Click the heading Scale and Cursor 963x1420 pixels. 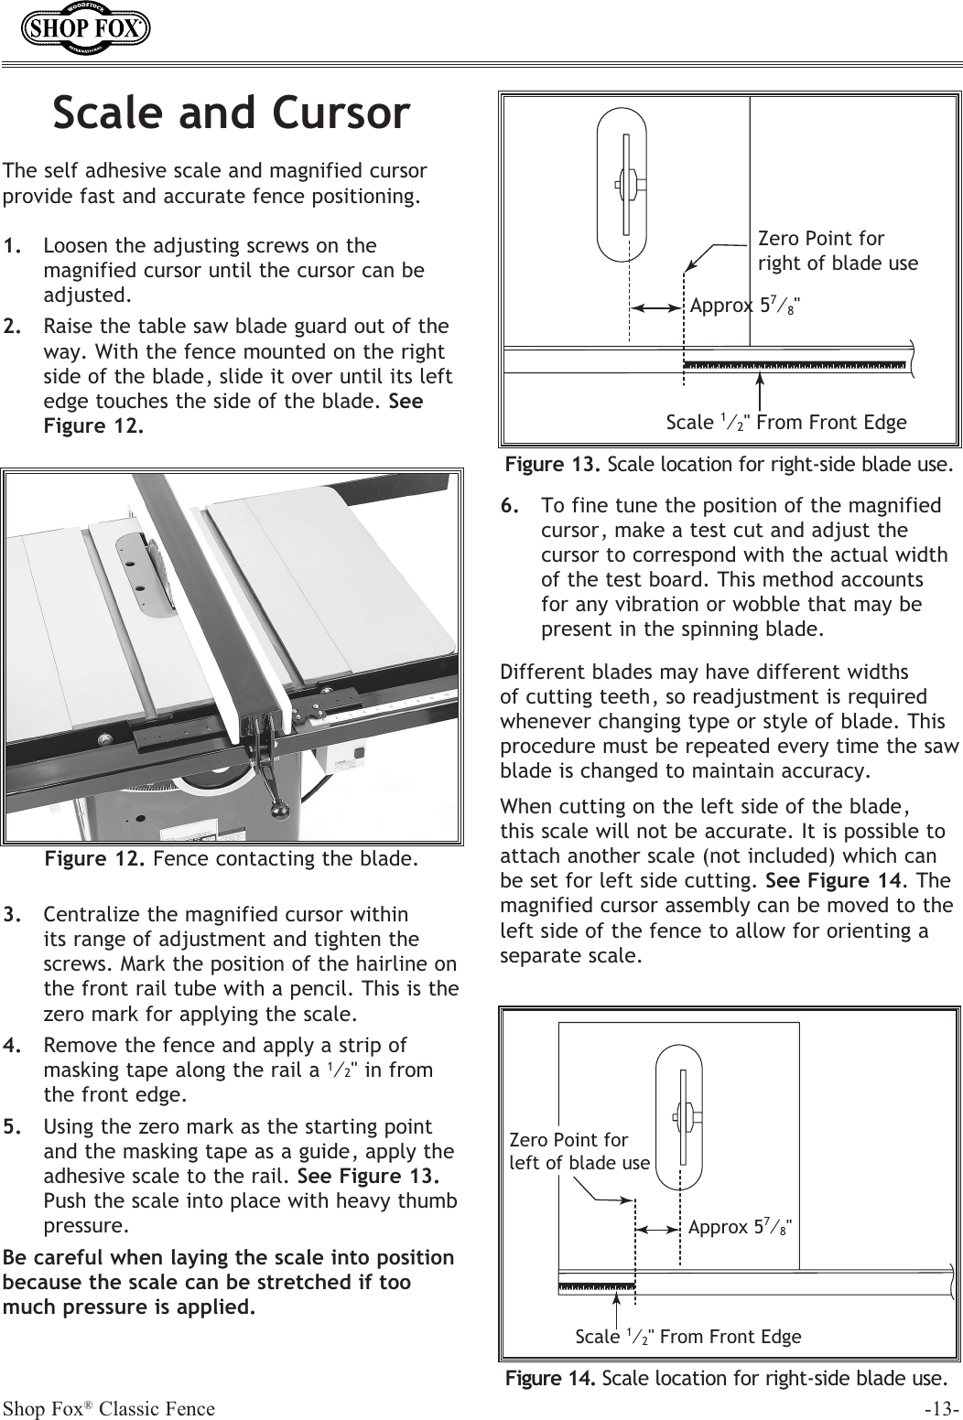point(231,113)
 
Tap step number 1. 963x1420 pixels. point(13,246)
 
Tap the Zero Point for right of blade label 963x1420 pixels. point(837,252)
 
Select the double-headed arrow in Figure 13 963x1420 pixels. point(659,308)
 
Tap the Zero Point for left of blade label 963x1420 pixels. point(579,1152)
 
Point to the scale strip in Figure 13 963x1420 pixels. point(795,363)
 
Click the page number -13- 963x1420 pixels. point(941,1408)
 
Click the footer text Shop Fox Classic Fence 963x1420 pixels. point(109,1408)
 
